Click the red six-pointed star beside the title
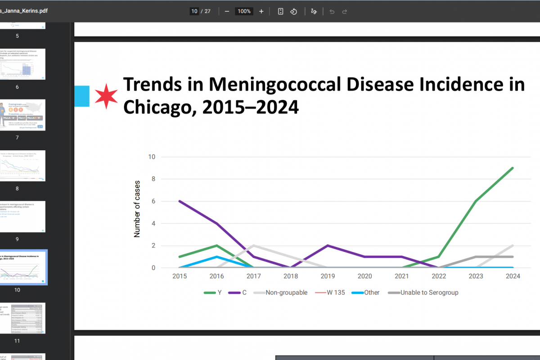[x=107, y=96]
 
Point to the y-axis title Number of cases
[x=137, y=209]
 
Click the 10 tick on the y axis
[x=152, y=157]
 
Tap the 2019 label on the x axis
[x=328, y=276]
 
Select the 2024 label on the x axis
[x=513, y=276]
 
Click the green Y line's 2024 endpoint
[x=513, y=168]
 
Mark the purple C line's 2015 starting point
[x=179, y=201]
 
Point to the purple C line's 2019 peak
[x=327, y=246]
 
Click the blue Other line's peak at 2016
[x=216, y=256]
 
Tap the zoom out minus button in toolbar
[x=227, y=11]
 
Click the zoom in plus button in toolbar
[x=261, y=11]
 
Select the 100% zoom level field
[x=244, y=11]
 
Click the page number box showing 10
[x=194, y=11]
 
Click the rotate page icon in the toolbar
[x=293, y=11]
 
